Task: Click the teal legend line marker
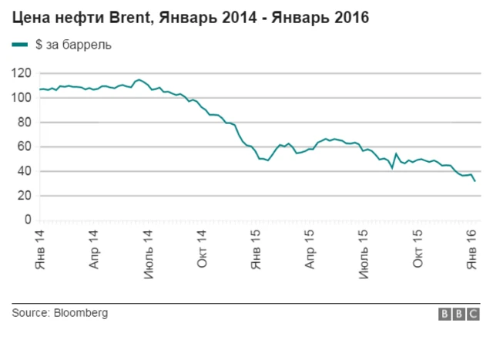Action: [20, 45]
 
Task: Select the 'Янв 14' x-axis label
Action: [40, 250]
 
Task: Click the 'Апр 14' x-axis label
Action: [94, 250]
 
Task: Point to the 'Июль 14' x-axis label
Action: [148, 252]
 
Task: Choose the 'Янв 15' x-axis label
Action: [257, 250]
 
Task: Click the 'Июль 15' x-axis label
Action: [364, 252]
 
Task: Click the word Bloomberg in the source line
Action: [81, 313]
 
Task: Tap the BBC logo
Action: [459, 314]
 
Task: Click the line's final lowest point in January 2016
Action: [475, 181]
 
